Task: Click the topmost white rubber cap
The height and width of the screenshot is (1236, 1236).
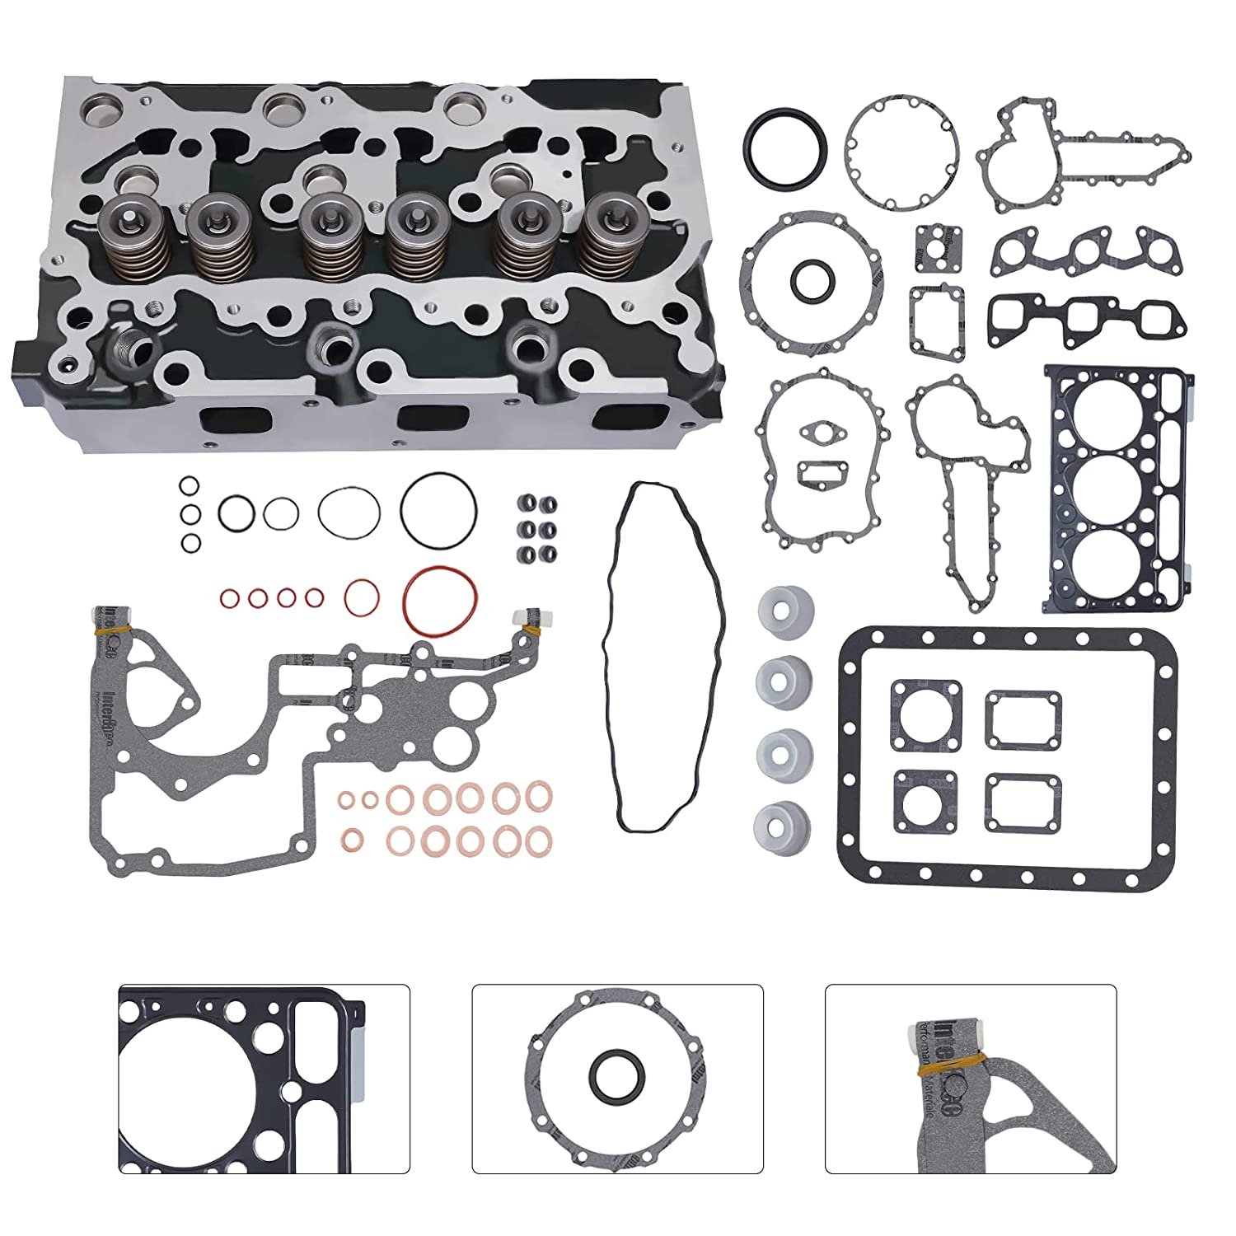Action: [x=784, y=613]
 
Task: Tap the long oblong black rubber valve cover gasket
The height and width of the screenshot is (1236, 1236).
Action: [x=664, y=656]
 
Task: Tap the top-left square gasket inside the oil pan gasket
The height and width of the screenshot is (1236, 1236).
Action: [x=925, y=714]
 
